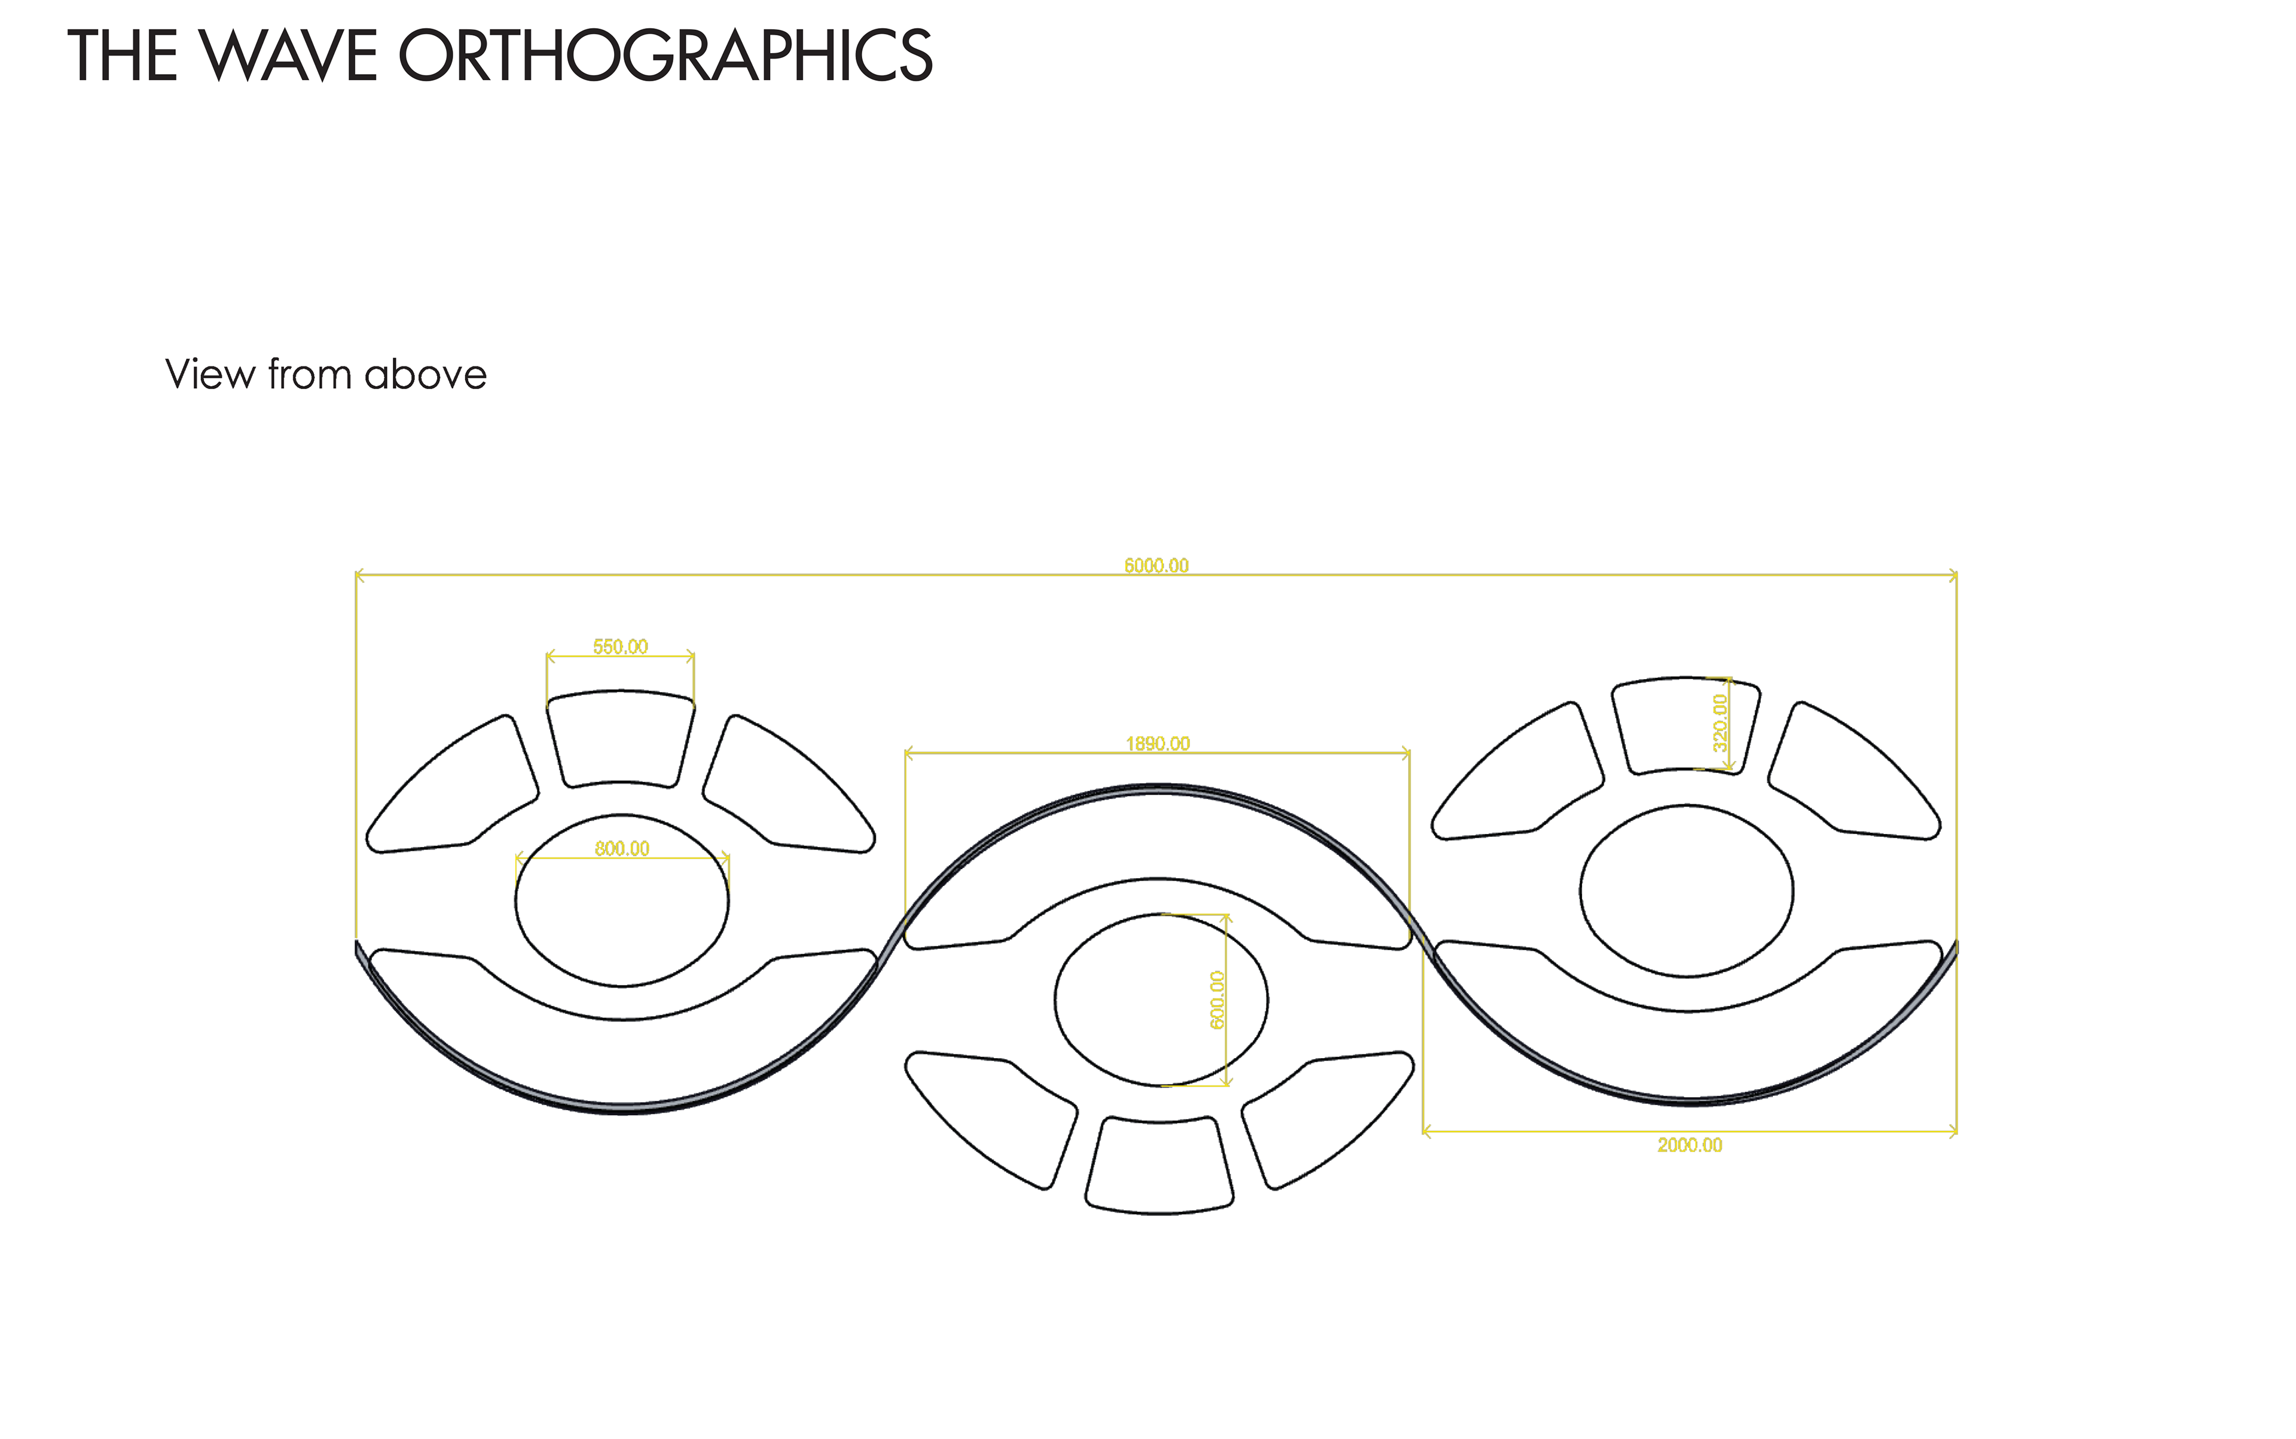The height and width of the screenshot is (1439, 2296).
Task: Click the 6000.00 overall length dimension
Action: click(1156, 566)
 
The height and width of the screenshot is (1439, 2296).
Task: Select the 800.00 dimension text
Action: click(622, 848)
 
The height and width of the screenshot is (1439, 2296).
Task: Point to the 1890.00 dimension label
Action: click(1156, 743)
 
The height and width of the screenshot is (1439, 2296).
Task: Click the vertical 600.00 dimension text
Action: click(1217, 1000)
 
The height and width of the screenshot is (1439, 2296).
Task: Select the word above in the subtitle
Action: click(425, 374)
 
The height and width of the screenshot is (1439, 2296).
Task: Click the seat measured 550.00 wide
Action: click(619, 738)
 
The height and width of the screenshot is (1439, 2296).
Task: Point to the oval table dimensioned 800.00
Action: click(622, 913)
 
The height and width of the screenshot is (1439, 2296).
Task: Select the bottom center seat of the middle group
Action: click(1159, 1166)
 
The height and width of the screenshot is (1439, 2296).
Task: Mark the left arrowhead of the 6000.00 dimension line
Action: click(359, 575)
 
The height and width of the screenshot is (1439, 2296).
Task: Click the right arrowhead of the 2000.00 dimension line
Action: click(1953, 1132)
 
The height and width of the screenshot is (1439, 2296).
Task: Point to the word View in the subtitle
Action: click(209, 374)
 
